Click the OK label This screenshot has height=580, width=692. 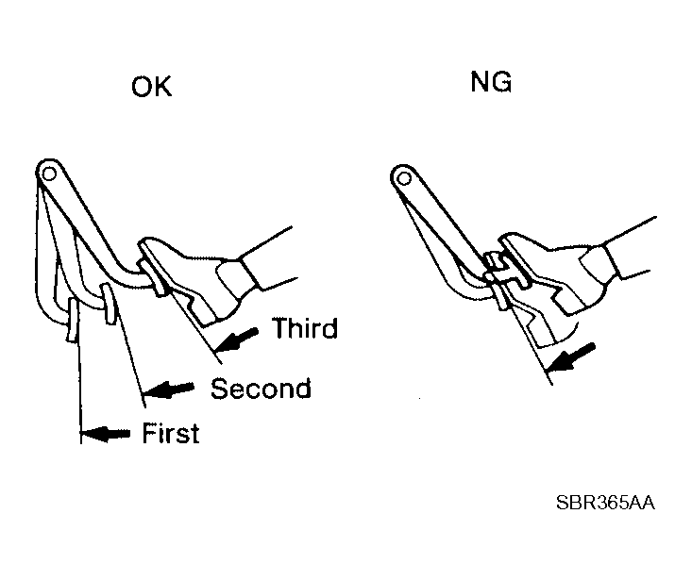coord(151,87)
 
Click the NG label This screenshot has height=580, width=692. coord(491,82)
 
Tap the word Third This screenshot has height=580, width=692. coord(305,328)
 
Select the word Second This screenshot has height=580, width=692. coord(261,389)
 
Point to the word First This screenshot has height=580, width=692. coord(171,433)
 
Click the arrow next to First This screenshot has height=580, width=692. coord(105,434)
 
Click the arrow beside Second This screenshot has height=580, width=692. coord(169,389)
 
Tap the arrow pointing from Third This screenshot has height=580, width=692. coord(236,340)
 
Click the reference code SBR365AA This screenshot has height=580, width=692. coord(605,503)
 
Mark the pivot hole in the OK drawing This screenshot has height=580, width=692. coord(49,174)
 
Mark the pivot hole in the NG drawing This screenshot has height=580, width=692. coord(404,178)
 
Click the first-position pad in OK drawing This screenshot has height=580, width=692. coord(74,319)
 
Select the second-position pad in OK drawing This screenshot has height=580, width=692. coord(109,304)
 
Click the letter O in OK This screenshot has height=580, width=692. coord(142,87)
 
